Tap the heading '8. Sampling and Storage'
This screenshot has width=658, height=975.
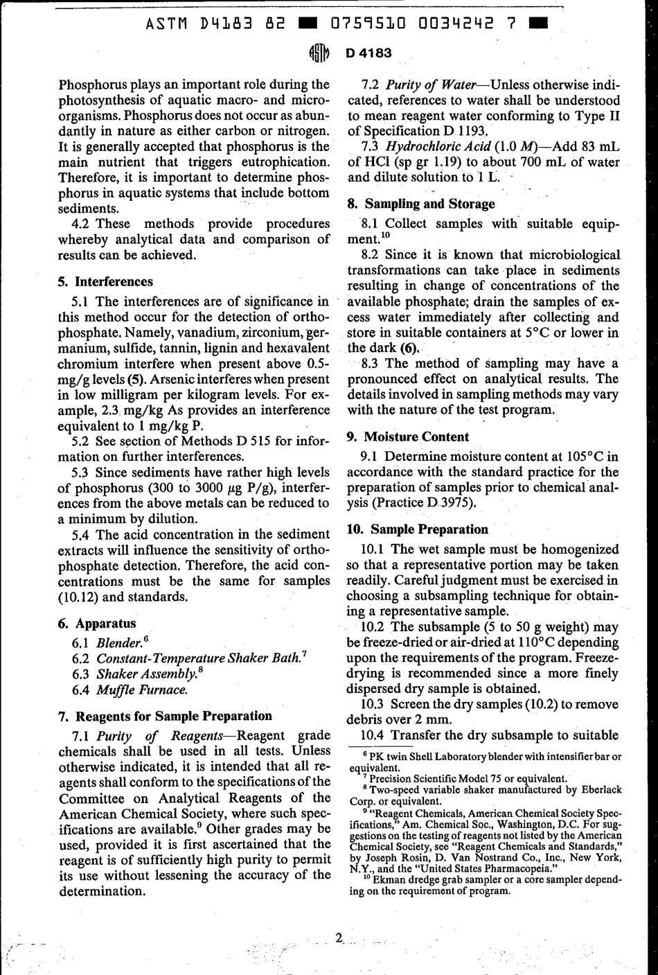(x=420, y=204)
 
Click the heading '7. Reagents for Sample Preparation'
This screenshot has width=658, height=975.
(x=165, y=716)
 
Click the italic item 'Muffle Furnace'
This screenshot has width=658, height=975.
(x=141, y=689)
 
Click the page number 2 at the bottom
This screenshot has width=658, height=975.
(x=339, y=940)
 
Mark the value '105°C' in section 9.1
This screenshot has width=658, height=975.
(x=576, y=457)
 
